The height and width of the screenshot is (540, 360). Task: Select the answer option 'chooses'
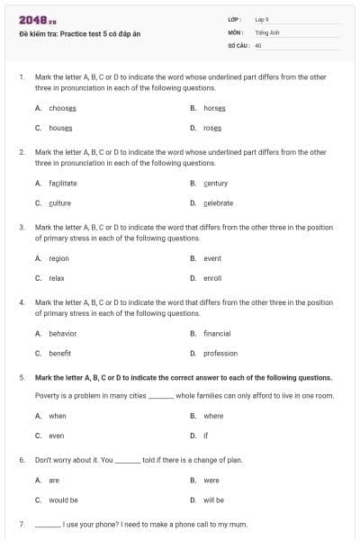(x=62, y=108)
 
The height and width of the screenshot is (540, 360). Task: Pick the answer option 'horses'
(x=214, y=108)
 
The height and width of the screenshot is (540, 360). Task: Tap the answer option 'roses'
(x=212, y=128)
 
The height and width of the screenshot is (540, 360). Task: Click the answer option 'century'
(x=216, y=183)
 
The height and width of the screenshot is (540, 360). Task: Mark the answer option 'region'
(x=58, y=258)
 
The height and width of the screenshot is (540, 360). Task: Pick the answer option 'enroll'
(x=212, y=278)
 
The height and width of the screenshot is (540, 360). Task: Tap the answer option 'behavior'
(x=62, y=333)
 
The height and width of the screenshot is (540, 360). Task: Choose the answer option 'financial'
(x=217, y=333)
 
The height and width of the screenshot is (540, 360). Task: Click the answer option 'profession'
(x=220, y=354)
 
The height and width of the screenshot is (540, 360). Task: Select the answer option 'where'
(x=213, y=416)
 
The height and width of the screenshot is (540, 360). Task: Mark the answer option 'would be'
(x=63, y=499)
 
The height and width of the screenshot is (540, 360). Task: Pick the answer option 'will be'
(x=213, y=499)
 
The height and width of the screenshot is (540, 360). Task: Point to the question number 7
(x=21, y=524)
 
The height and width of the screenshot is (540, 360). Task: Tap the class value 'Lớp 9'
(x=262, y=19)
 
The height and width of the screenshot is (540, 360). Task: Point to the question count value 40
(x=258, y=44)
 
